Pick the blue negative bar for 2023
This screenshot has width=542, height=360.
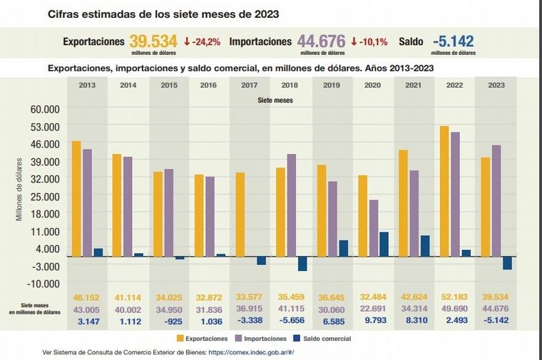coord(507,262)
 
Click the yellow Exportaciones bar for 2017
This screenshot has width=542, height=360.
coord(240,214)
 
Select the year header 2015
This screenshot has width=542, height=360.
coord(169,86)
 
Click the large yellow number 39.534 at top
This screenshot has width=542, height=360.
coord(153,41)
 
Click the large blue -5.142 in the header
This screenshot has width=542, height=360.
coord(452,41)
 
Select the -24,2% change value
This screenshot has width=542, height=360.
coord(202,42)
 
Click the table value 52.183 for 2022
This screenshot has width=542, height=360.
coord(455,297)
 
